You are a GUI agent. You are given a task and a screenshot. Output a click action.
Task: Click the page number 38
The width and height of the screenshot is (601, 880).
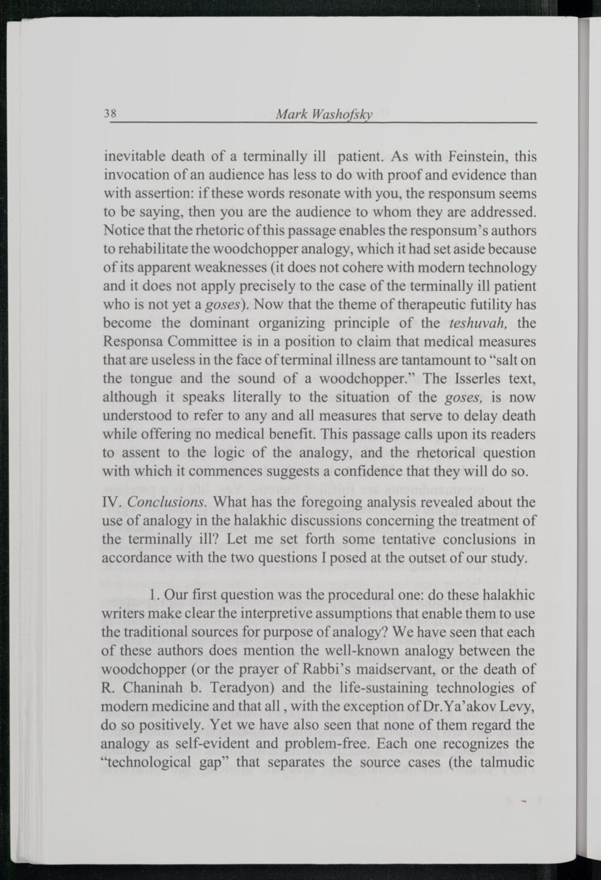[x=111, y=113]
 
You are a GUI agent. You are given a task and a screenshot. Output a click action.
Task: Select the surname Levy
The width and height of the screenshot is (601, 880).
[x=508, y=707]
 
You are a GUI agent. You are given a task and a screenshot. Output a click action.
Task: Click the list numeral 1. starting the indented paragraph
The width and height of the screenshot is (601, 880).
[x=155, y=595]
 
